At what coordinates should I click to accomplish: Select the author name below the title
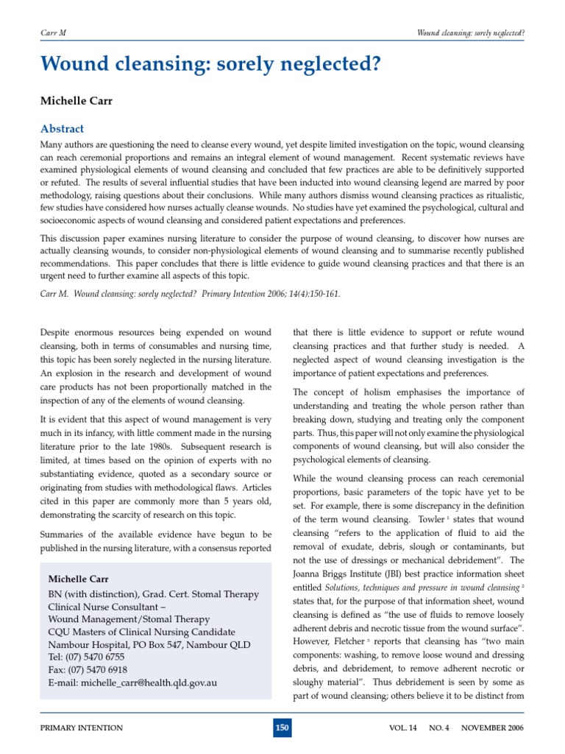point(74,99)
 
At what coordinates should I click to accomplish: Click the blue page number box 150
point(282,728)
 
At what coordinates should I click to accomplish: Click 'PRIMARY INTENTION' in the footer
point(82,728)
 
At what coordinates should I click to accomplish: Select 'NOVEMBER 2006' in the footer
point(493,728)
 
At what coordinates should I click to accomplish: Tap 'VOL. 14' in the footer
point(402,728)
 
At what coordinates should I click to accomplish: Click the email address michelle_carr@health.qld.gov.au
point(132,683)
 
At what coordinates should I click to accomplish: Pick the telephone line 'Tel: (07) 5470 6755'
point(86,657)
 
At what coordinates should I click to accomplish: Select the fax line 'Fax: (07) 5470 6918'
point(88,670)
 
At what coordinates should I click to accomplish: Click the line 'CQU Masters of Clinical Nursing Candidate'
point(141,632)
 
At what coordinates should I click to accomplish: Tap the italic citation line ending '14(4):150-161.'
point(191,293)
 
